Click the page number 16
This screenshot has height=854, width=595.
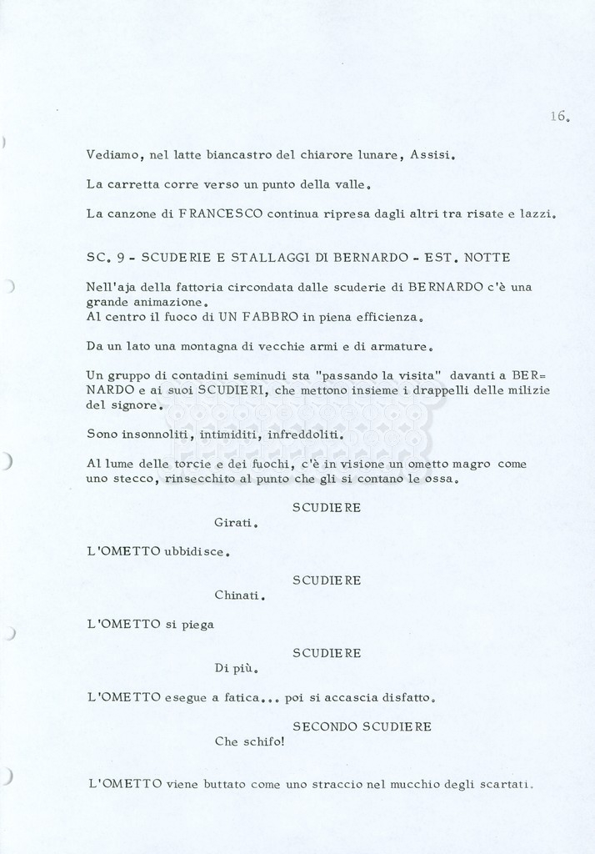pyautogui.click(x=558, y=117)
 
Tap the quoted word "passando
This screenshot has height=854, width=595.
pyautogui.click(x=352, y=375)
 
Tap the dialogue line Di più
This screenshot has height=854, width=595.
pyautogui.click(x=236, y=668)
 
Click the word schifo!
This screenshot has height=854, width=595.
pyautogui.click(x=264, y=741)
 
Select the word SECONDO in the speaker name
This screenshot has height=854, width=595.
pyautogui.click(x=324, y=726)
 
